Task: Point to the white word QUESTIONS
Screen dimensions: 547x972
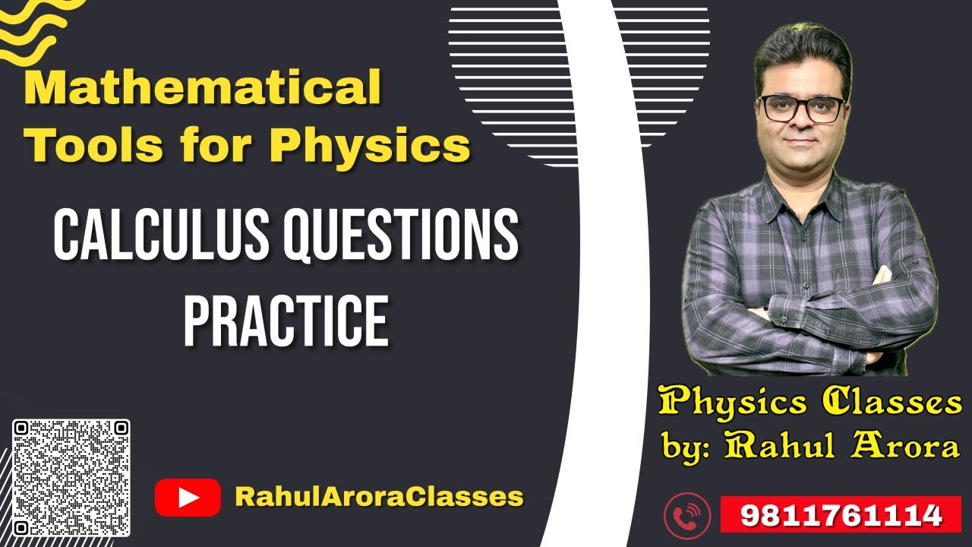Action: [x=400, y=236]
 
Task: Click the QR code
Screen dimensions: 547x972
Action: [x=71, y=478]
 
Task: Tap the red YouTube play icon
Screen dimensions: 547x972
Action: [x=187, y=498]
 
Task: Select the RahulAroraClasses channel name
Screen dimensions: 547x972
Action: [x=379, y=497]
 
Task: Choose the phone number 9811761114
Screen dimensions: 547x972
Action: [x=841, y=516]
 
